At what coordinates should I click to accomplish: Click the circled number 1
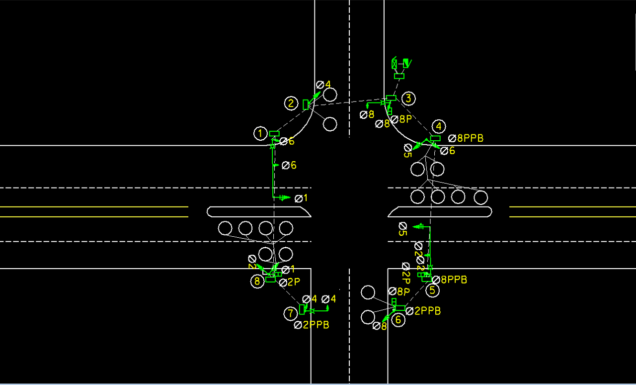coord(260,133)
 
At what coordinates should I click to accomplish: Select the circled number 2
coord(291,103)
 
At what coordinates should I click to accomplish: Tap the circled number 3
coord(408,98)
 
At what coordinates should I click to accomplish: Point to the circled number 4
coord(438,126)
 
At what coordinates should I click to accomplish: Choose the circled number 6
coord(398,320)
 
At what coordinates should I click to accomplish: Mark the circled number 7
coord(291,313)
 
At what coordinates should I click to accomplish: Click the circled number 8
coord(257,282)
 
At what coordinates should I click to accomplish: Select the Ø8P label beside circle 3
coord(401,119)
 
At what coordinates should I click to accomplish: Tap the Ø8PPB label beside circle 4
coord(466,138)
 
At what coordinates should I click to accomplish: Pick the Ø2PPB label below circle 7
coord(311,325)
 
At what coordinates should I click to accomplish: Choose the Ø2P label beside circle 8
coord(290,283)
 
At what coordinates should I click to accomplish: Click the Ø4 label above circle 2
coord(323,85)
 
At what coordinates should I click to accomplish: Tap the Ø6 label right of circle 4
coord(447,151)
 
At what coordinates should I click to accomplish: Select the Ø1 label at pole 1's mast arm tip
coord(301,198)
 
